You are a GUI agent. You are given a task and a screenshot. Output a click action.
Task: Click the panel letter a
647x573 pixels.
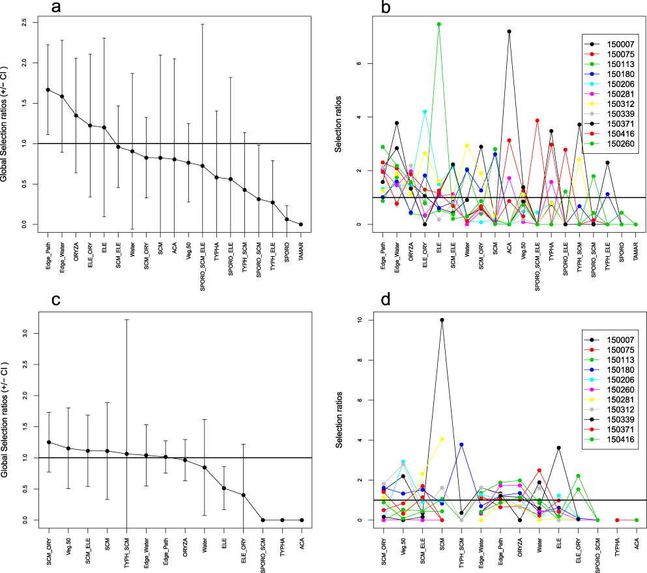click(x=58, y=8)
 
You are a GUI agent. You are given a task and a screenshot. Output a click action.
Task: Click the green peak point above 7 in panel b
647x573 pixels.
click(x=439, y=24)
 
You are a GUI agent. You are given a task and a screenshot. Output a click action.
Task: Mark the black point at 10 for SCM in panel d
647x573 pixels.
click(x=442, y=320)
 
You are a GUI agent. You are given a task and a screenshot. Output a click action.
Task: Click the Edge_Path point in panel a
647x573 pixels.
click(x=48, y=89)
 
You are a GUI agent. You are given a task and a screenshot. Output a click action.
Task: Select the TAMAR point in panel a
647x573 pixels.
click(x=301, y=224)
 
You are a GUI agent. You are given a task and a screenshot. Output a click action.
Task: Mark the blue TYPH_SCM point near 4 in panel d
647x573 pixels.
click(x=461, y=445)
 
